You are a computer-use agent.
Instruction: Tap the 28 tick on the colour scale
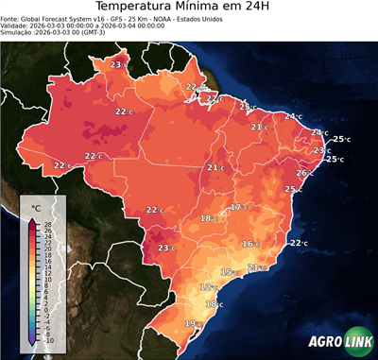pyautogui.click(x=47, y=224)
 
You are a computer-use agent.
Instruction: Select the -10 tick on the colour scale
pyautogui.click(x=48, y=340)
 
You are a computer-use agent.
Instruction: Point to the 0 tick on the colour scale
pyautogui.click(x=45, y=310)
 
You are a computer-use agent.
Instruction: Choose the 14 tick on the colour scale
pyautogui.click(x=47, y=266)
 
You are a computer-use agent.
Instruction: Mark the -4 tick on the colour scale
pyautogui.click(x=47, y=322)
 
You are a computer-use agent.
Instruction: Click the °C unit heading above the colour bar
pyautogui.click(x=36, y=207)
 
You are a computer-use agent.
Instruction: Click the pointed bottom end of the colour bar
pyautogui.click(x=32, y=343)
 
